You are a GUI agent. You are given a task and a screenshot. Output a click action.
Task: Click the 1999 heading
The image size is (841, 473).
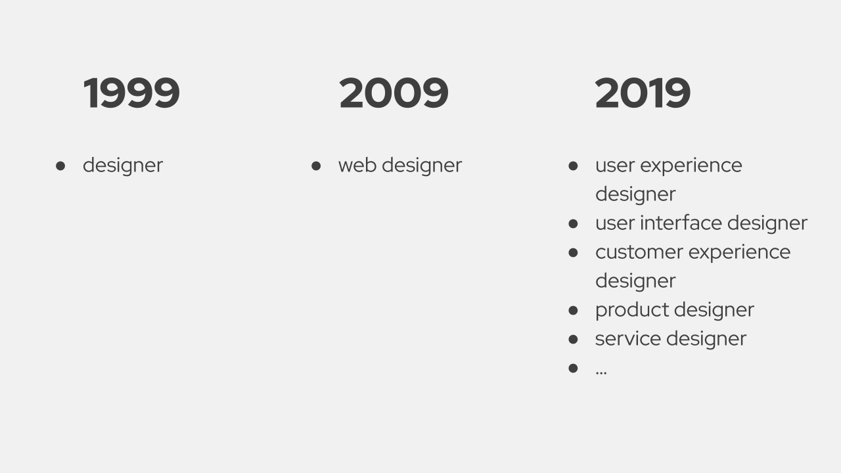131,93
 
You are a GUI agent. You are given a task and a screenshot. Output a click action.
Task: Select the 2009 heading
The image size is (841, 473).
394,93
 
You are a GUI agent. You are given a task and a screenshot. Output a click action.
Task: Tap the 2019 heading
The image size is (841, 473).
643,93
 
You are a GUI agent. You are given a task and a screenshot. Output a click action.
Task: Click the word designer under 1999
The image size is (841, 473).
123,165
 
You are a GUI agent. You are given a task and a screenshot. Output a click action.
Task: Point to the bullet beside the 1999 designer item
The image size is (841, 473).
60,166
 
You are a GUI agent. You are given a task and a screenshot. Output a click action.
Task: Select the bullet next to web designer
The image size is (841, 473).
316,166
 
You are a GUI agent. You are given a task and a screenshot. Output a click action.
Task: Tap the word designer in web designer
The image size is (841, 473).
422,165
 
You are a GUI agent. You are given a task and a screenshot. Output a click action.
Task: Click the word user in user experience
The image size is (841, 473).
614,166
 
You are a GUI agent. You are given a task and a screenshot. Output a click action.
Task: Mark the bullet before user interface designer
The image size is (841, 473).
573,224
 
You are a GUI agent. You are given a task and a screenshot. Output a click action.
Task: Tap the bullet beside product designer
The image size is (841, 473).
573,311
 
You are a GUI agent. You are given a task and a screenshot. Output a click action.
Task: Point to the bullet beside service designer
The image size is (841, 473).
573,340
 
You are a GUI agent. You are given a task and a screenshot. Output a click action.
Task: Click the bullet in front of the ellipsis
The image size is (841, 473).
573,369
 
